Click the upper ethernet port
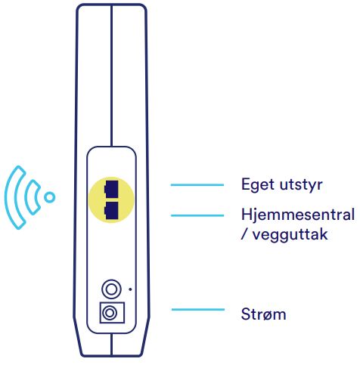click(111, 189)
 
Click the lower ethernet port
click(111, 210)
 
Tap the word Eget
click(257, 185)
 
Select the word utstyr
click(301, 185)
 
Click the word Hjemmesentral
click(298, 215)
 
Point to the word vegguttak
click(290, 234)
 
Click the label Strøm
click(263, 314)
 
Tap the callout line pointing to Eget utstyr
click(197, 185)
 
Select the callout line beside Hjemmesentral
click(197, 215)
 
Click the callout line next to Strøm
click(198, 309)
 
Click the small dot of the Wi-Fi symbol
click(50, 197)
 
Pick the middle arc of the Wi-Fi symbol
click(29, 197)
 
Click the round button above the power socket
click(111, 289)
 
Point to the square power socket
click(112, 313)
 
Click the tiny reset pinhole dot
click(130, 289)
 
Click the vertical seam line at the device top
click(111, 75)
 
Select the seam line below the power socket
click(111, 345)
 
